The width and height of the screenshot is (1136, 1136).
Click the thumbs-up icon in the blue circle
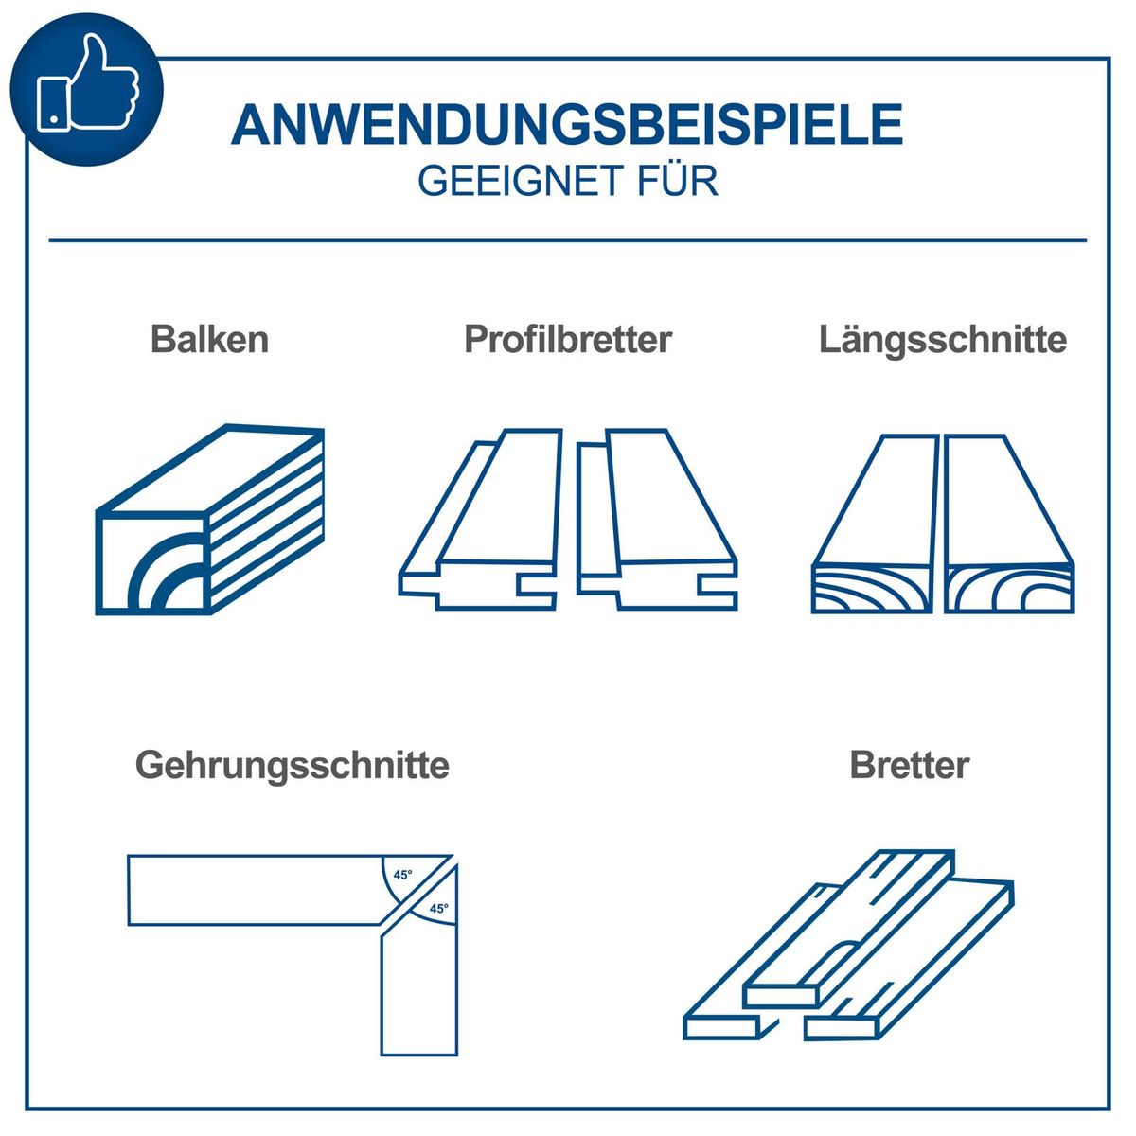(x=87, y=87)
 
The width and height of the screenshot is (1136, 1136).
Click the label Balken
(x=209, y=339)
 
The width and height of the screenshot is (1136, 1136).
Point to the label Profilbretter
(x=567, y=339)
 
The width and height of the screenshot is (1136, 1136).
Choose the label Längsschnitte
(x=943, y=339)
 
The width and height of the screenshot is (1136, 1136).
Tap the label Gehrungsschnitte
(x=292, y=764)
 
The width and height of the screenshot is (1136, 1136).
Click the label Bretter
(x=910, y=764)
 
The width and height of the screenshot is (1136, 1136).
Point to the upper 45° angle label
(x=403, y=875)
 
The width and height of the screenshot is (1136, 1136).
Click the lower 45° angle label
(x=438, y=909)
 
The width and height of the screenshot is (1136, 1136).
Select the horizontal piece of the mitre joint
(x=256, y=890)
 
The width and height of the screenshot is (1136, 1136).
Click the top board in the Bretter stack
(x=852, y=928)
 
